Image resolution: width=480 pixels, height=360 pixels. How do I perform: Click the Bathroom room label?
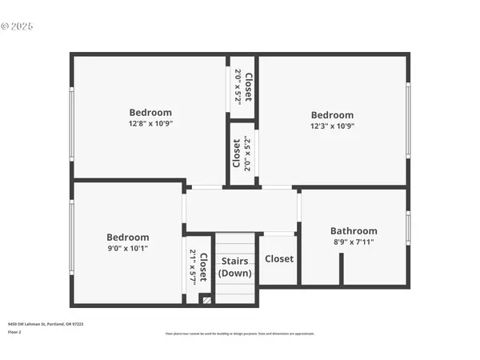click(x=354, y=230)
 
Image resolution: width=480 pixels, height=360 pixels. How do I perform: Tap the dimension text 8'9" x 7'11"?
click(x=354, y=242)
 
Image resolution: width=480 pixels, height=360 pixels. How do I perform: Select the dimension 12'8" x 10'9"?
click(x=150, y=124)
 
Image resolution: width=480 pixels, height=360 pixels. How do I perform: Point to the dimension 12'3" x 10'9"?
click(x=332, y=126)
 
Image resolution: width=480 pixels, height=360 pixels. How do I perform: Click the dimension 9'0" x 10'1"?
click(x=128, y=249)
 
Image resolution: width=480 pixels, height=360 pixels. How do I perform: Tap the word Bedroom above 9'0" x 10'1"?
click(x=128, y=238)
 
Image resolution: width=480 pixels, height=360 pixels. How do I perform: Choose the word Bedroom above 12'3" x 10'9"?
click(x=332, y=114)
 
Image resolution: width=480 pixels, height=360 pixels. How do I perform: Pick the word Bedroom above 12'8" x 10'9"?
click(x=150, y=113)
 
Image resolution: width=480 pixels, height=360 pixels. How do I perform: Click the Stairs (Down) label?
click(x=235, y=266)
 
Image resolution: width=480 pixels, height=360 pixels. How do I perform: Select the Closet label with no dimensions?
click(x=279, y=259)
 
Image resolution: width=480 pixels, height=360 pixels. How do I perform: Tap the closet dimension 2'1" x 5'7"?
click(x=193, y=266)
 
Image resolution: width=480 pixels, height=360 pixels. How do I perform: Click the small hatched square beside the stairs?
click(x=206, y=300)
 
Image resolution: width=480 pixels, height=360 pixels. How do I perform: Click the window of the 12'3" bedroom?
click(x=408, y=120)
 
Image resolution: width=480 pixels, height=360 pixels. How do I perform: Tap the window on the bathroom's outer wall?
click(x=408, y=228)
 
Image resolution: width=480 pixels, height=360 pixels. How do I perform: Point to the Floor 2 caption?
click(x=15, y=331)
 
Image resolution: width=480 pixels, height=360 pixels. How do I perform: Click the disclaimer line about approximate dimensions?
click(x=240, y=333)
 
